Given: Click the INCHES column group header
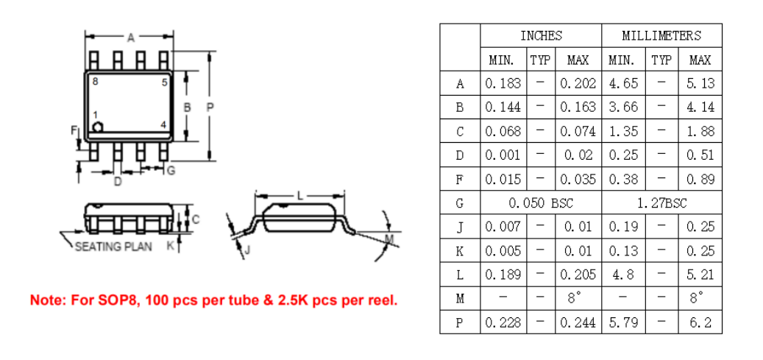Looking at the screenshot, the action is [x=541, y=35].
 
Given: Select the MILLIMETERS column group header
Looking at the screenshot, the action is [x=661, y=35].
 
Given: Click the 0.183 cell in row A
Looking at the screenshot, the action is [x=503, y=83].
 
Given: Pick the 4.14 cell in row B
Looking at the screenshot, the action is [x=700, y=107].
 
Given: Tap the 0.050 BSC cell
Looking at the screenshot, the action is [x=541, y=202].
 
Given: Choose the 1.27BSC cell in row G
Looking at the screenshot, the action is [x=661, y=202].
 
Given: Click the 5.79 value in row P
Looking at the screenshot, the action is [x=623, y=322].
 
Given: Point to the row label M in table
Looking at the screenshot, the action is [x=460, y=298].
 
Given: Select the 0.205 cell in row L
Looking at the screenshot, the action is [x=578, y=275].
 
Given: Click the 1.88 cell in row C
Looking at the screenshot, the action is [x=700, y=131].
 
